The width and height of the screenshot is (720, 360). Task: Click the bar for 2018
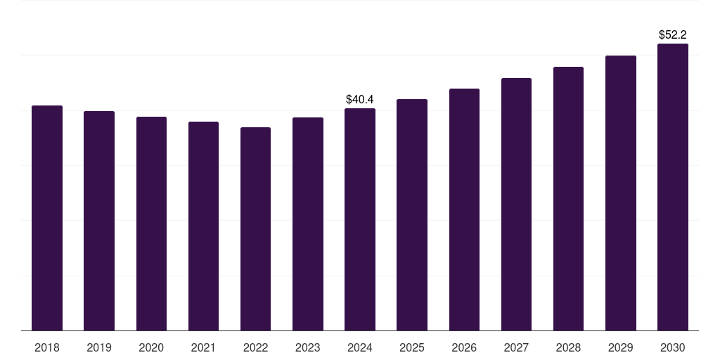47,218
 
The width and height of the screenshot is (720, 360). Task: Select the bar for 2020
151,224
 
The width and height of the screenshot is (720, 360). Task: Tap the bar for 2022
255,229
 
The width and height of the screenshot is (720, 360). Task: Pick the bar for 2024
360,219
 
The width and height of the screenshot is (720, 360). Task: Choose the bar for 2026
464,210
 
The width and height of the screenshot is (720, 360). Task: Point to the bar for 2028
568,198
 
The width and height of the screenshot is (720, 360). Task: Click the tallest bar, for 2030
673,187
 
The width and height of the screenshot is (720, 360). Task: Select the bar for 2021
203,226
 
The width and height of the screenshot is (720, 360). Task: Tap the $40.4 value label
360,100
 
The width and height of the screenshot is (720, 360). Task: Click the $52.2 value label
673,34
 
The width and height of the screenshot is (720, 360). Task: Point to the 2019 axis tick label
99,347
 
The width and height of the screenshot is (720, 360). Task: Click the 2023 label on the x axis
308,347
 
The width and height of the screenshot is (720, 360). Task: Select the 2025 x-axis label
412,347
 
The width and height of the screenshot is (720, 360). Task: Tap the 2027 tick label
516,347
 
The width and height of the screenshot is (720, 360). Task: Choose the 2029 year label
621,347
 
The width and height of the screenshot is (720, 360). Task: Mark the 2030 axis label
673,347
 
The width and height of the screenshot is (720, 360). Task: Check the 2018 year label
47,347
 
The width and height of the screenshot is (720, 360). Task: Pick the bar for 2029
621,193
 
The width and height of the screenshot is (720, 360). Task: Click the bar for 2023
308,224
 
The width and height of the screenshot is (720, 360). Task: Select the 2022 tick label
255,347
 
